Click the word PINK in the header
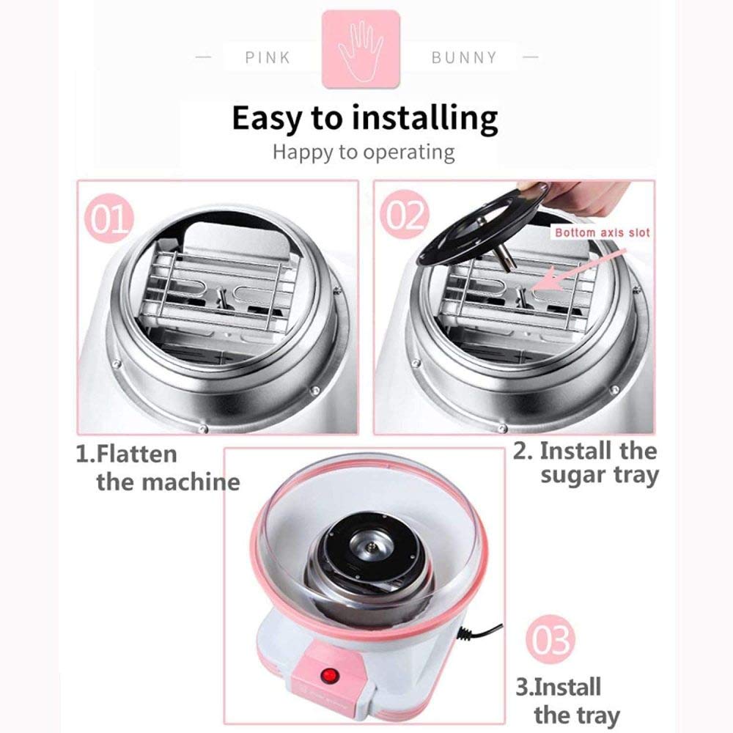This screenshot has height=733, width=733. coord(268,57)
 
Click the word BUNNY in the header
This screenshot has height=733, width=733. coord(464,57)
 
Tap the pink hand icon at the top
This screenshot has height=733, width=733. coord(361,49)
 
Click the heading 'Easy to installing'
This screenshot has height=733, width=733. coord(364,119)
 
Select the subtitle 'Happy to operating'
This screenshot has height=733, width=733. coord(364,152)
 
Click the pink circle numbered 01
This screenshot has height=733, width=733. coord(109,218)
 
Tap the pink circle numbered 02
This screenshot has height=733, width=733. coord(405,215)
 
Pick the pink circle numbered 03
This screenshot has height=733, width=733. coord(550,639)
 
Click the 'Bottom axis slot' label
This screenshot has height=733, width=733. coord(602,232)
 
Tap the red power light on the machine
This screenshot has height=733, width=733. coord(330,676)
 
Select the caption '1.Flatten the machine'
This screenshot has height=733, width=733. coord(158,468)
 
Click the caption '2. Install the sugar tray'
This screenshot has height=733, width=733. coord(586,463)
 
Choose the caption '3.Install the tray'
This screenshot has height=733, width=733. coord(567,701)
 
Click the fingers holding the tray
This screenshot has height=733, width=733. coord(580,196)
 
